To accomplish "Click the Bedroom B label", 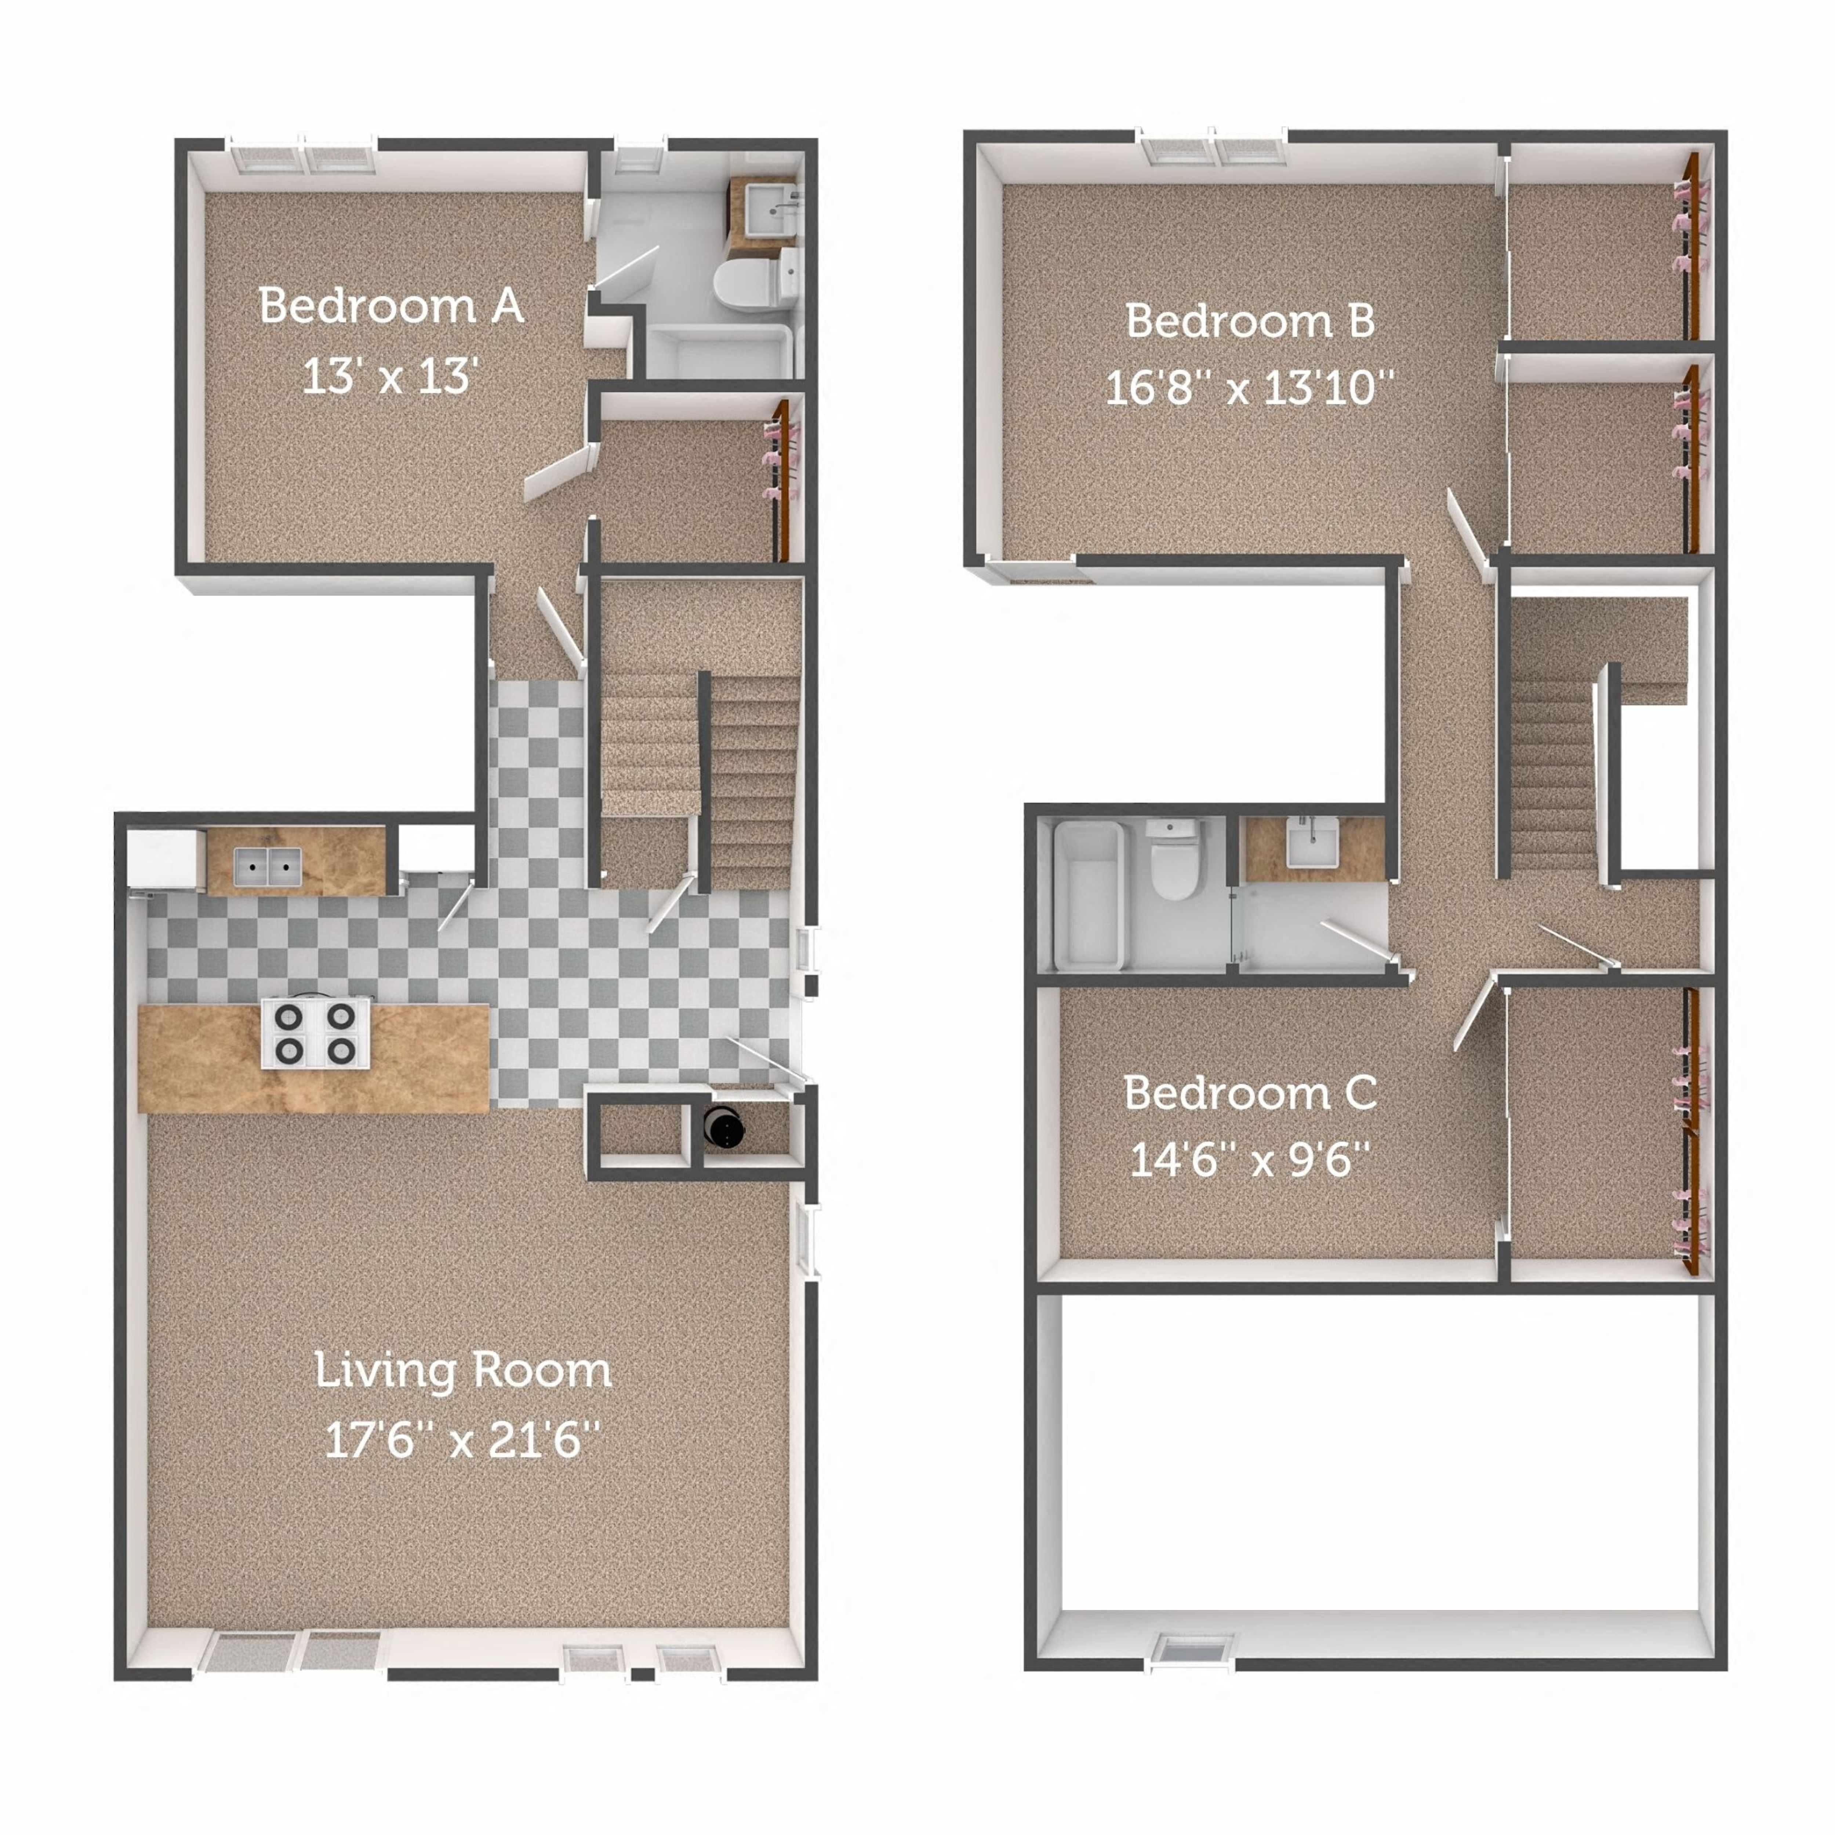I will [x=1250, y=321].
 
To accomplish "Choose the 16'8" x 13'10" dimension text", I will [x=1250, y=388].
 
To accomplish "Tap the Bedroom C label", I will [x=1250, y=1093].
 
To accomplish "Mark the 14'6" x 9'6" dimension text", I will [x=1250, y=1160].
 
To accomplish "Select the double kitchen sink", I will [x=268, y=866].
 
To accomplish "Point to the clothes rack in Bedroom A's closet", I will [x=781, y=480].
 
